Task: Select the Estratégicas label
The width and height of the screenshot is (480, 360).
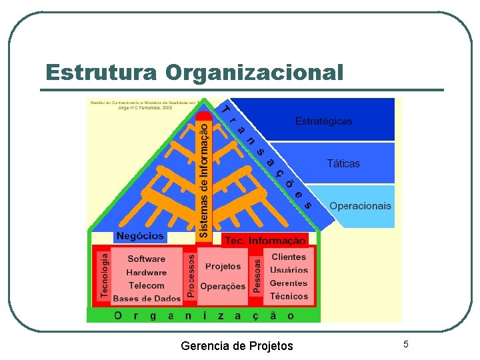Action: tap(323, 121)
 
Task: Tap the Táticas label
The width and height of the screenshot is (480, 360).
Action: tap(343, 163)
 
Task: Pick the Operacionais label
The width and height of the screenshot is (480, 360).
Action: tap(360, 205)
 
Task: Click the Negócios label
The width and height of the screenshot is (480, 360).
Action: tap(140, 236)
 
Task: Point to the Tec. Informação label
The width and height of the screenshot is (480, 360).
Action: tap(265, 241)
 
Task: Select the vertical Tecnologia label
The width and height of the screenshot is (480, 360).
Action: tap(103, 274)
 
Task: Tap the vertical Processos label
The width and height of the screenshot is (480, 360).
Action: tap(191, 274)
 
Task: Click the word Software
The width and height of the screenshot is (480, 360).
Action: tap(146, 259)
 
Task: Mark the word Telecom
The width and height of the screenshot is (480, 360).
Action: tap(146, 285)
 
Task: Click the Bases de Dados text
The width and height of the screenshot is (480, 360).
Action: tap(147, 299)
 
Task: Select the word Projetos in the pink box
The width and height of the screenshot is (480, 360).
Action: tap(223, 266)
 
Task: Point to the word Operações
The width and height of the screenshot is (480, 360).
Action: tap(223, 286)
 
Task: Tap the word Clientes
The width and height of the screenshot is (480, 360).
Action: tap(289, 257)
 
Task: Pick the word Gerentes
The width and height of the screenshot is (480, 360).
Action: tap(289, 283)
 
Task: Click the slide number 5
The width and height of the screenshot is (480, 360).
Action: tap(405, 344)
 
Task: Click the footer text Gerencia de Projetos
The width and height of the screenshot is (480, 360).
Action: tap(237, 345)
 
